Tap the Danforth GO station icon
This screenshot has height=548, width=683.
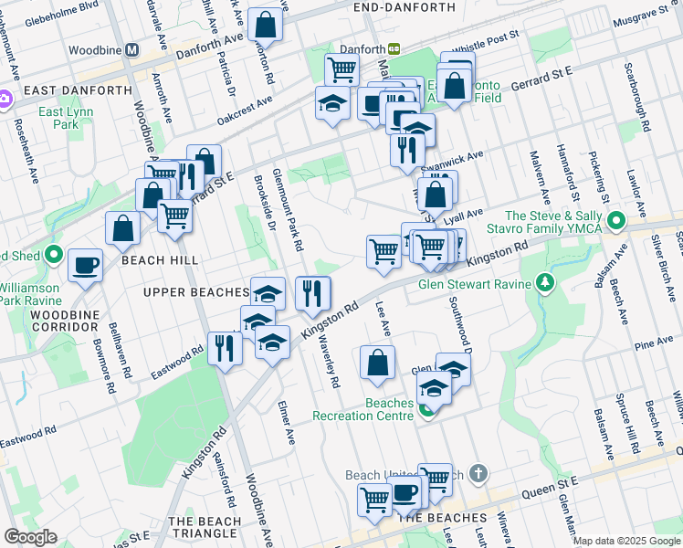pos(394,48)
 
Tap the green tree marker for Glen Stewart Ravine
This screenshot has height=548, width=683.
pos(546,283)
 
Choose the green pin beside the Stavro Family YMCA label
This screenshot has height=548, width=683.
pos(616,220)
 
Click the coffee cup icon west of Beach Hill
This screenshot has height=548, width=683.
pos(85,265)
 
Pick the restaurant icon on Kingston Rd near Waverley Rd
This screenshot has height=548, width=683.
pos(312,292)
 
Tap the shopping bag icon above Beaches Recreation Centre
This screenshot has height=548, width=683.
pos(377,363)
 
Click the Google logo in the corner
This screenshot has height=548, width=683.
pos(31,537)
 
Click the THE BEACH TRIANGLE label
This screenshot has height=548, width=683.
pos(205,527)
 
